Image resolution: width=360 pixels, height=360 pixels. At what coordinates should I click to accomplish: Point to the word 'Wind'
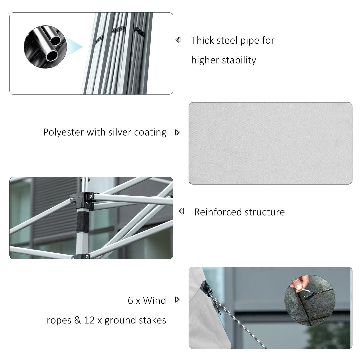(154, 300)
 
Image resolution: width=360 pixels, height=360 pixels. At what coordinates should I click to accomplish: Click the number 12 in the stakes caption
(89, 320)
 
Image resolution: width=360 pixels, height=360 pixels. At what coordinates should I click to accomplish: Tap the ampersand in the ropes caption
(78, 320)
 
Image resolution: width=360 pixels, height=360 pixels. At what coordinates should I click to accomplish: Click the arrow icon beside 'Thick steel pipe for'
(178, 40)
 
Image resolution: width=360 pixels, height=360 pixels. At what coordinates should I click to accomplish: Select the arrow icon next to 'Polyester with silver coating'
(177, 132)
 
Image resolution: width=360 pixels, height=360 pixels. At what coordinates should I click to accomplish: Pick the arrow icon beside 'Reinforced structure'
(181, 211)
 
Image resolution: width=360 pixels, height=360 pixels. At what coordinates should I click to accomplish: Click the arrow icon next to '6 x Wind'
(177, 300)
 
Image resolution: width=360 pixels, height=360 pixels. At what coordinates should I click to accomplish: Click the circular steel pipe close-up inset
(45, 47)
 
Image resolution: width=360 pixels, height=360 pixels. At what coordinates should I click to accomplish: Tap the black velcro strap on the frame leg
(83, 221)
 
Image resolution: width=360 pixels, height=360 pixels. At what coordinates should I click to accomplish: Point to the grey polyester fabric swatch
(270, 143)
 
